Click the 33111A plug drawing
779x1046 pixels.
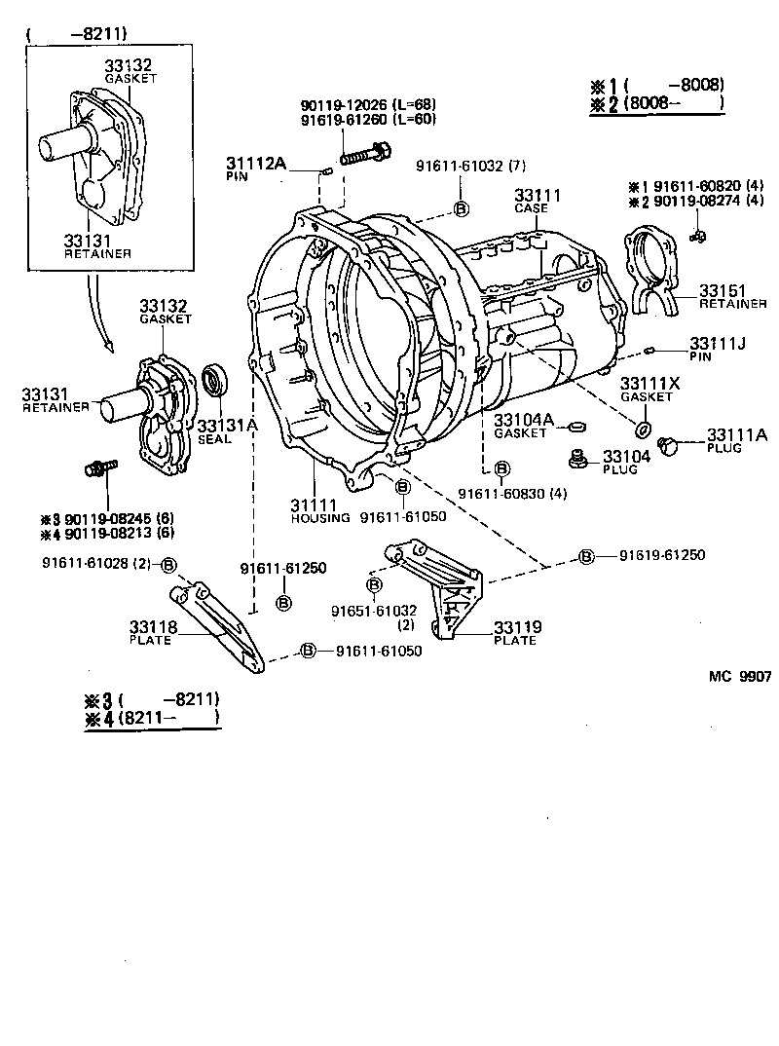pos(668,445)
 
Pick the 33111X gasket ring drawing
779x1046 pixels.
pos(642,430)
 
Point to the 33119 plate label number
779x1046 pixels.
pos(517,627)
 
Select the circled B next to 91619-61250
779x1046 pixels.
pos(586,556)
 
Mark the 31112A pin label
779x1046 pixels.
pos(256,164)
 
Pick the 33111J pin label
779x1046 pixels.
pos(718,343)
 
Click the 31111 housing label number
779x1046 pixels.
pos(313,504)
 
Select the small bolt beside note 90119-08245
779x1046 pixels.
pos(100,468)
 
